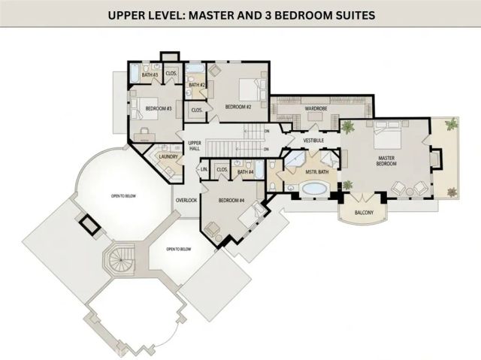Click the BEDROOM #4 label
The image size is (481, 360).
(232, 200)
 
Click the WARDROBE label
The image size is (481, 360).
(315, 109)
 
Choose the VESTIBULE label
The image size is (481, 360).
(313, 140)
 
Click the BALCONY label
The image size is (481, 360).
(364, 213)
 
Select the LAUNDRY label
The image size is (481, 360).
(168, 156)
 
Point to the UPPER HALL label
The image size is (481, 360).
(195, 145)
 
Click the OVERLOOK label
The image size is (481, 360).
(186, 201)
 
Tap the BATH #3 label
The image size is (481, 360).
(150, 75)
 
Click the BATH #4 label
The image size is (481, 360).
(246, 172)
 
